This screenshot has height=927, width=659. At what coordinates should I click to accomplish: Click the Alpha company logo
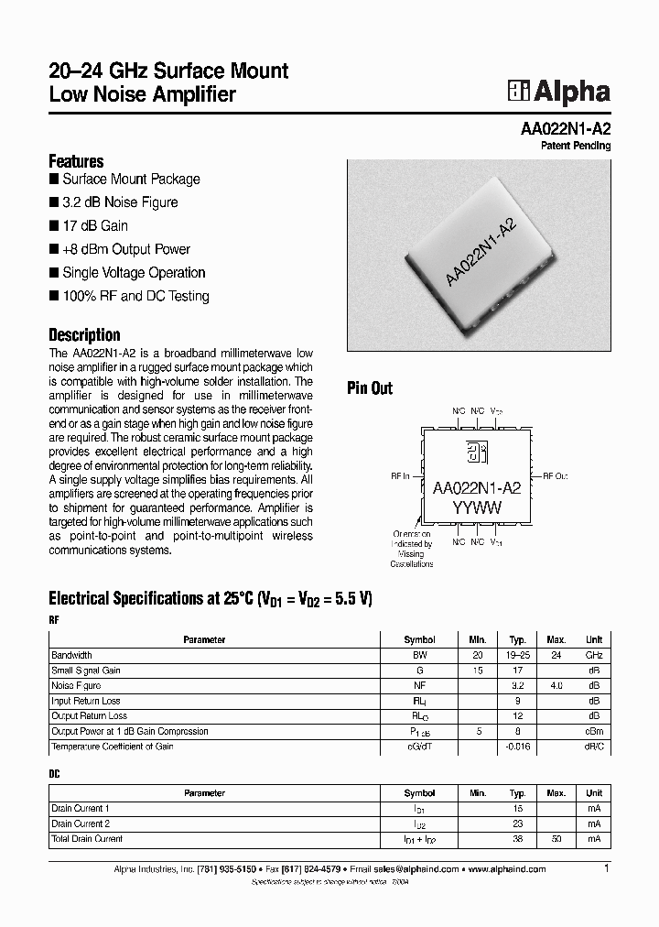coord(559,92)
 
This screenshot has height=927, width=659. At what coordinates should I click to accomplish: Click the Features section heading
coord(76,161)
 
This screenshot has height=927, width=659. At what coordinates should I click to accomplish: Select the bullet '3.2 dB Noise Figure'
coord(120,202)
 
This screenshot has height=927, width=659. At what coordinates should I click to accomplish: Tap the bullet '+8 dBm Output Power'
coord(126,249)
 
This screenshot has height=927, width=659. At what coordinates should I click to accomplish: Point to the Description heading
coord(84,334)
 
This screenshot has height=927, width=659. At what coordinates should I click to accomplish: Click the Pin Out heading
coord(370,388)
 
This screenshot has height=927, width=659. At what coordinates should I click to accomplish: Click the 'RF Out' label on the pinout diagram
coord(555,476)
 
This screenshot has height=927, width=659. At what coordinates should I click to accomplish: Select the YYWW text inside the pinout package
coord(476,508)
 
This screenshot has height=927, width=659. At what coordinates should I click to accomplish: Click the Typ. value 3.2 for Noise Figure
coord(517,685)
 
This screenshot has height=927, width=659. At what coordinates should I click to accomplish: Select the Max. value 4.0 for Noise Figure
coord(556,685)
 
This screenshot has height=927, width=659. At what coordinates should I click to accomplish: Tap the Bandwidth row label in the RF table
coord(72,655)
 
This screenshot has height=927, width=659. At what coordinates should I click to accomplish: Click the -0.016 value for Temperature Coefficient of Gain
coord(517,747)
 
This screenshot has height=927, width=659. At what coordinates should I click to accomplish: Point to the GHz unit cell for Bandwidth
coord(594,655)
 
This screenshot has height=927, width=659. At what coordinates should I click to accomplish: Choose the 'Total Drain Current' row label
coord(87,839)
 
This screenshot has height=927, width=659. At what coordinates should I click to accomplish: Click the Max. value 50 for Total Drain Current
coord(556,839)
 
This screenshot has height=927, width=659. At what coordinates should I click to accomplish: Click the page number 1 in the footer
coord(606,867)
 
